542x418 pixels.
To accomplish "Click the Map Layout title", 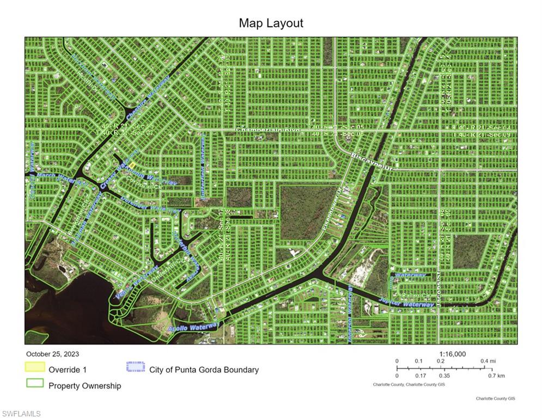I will (271, 23).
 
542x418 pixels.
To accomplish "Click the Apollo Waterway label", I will (193, 328).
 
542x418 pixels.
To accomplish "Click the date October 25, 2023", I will (52, 354).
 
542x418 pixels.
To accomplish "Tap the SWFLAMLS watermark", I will (21, 414).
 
